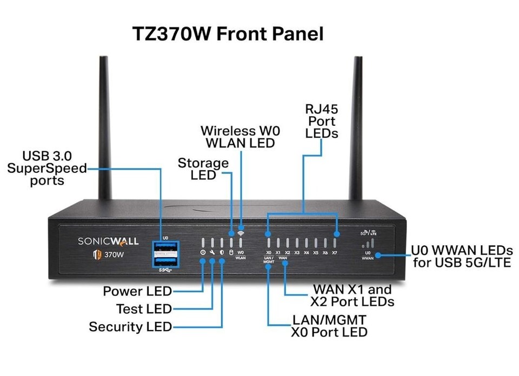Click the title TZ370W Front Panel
pyautogui.click(x=228, y=34)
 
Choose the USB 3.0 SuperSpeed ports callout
pyautogui.click(x=47, y=169)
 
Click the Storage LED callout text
pyautogui.click(x=203, y=169)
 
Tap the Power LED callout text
pyautogui.click(x=137, y=292)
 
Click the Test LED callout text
pyautogui.click(x=144, y=309)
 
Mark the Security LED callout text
pyautogui.click(x=130, y=326)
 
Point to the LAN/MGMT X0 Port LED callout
pyautogui.click(x=329, y=325)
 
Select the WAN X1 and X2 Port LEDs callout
pyautogui.click(x=352, y=296)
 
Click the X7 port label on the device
pyautogui.click(x=335, y=252)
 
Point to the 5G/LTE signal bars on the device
pyautogui.click(x=368, y=244)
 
